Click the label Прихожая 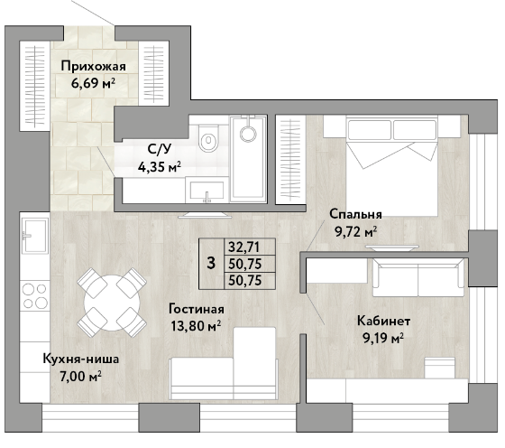click(x=94, y=67)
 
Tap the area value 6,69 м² click(x=93, y=83)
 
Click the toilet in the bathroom click(x=208, y=138)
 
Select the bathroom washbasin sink click(x=207, y=191)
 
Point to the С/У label click(x=160, y=149)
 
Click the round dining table click(x=112, y=303)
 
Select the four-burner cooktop click(x=35, y=295)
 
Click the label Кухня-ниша click(x=81, y=359)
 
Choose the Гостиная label click(x=197, y=309)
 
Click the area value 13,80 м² click(x=196, y=326)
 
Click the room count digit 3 click(x=211, y=263)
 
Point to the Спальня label click(x=355, y=214)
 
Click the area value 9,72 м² click(x=356, y=231)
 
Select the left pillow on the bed click(x=370, y=129)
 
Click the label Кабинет click(x=384, y=321)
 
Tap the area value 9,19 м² click(x=383, y=339)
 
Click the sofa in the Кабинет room click(x=418, y=277)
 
